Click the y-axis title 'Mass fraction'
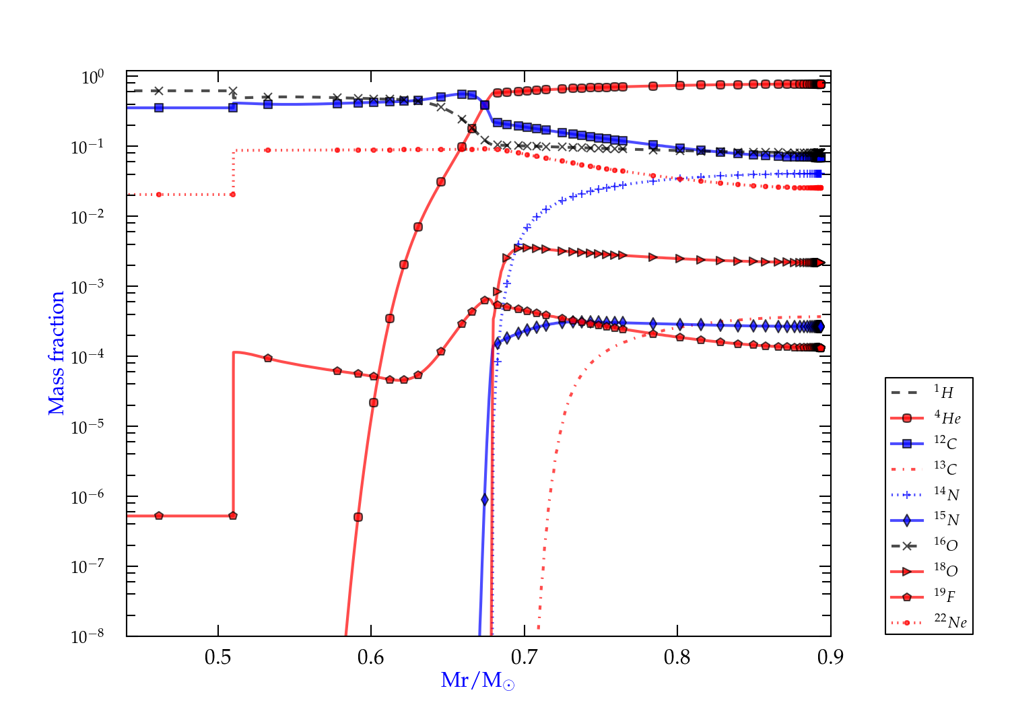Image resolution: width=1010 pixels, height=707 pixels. tap(56, 353)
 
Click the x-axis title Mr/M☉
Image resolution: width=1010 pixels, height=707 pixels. tap(477, 681)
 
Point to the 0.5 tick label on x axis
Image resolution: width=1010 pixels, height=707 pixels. tap(217, 656)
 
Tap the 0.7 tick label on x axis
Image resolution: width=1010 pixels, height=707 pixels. tap(524, 656)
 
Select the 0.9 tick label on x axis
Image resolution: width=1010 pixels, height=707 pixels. tap(830, 656)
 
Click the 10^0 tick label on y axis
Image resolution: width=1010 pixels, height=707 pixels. tap(92, 77)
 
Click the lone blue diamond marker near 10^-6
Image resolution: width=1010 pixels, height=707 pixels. tap(485, 500)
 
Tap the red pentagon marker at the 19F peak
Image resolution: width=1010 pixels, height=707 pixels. tap(485, 300)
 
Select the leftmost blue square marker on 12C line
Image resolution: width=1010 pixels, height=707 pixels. tap(159, 108)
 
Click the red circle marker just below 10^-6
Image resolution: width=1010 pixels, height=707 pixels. tap(358, 517)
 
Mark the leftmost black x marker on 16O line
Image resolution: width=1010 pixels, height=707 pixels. tap(159, 91)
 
